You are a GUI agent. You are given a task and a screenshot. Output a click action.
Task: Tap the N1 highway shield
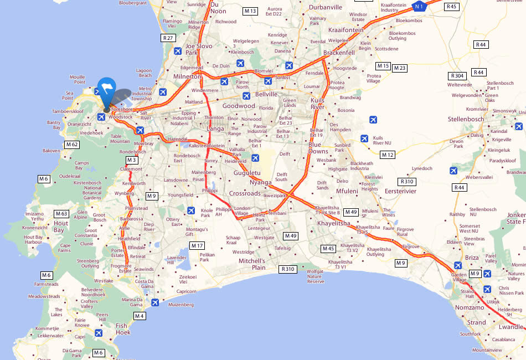(x=420, y=6)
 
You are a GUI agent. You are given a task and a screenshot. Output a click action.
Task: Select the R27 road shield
(x=168, y=38)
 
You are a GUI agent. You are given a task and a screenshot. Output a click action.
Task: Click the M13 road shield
(x=250, y=11)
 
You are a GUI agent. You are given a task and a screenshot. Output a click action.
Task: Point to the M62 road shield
(x=72, y=145)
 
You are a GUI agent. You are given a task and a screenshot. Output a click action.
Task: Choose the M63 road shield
(x=61, y=213)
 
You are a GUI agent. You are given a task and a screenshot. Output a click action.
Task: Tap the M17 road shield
(x=197, y=245)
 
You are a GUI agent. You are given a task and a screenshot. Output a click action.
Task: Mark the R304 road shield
(x=457, y=75)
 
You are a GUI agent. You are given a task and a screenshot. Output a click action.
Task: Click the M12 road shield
(x=387, y=155)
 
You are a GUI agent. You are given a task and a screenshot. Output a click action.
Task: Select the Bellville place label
(x=266, y=94)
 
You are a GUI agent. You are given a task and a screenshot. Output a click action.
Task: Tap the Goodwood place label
(x=239, y=106)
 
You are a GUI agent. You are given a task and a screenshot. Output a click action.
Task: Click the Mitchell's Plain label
(x=252, y=264)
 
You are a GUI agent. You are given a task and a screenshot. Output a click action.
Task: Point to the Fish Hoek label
(x=123, y=329)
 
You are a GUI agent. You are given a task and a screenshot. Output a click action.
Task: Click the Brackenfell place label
(x=338, y=53)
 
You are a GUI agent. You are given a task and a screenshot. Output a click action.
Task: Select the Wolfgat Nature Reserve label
(x=315, y=276)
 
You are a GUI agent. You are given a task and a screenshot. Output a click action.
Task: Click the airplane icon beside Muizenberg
(x=155, y=302)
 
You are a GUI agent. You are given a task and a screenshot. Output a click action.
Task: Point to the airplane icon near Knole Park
(x=191, y=210)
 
